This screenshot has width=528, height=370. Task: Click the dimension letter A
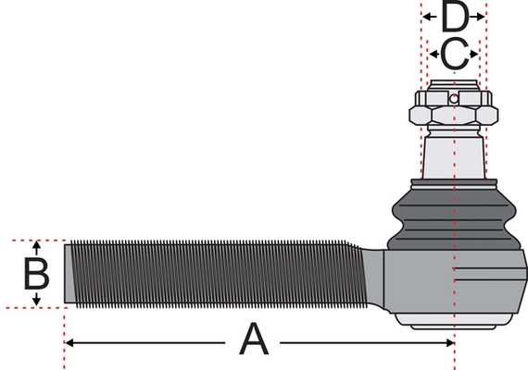click(x=254, y=339)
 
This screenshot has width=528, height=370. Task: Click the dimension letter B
click(x=36, y=273)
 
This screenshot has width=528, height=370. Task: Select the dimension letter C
click(x=454, y=54)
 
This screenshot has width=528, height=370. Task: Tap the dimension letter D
click(x=455, y=16)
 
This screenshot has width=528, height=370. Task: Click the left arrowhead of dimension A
click(x=69, y=343)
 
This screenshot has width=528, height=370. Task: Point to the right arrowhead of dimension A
click(x=450, y=343)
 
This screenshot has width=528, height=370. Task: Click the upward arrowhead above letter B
click(x=37, y=244)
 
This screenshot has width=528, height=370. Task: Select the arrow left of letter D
click(x=430, y=17)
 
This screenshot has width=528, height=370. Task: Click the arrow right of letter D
click(x=477, y=17)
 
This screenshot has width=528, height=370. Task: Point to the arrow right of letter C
click(x=473, y=54)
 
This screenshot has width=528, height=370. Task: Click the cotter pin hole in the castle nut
click(x=454, y=99)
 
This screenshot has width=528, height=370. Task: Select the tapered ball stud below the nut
click(x=454, y=156)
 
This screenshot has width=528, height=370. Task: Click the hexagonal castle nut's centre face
click(x=454, y=115)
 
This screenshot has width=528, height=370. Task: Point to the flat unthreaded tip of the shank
click(x=69, y=274)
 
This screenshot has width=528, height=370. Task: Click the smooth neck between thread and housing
click(x=374, y=277)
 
